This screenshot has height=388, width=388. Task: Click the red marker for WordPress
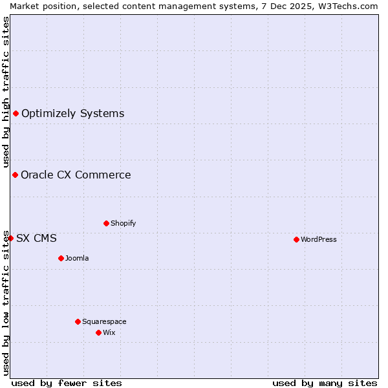296,239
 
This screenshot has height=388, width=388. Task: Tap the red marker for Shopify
106,223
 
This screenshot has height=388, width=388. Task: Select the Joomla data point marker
61,258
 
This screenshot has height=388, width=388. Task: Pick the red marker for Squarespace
78,321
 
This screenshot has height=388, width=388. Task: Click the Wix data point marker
98,332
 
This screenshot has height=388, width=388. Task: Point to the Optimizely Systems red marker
16,114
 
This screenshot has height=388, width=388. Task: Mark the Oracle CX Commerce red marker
15,175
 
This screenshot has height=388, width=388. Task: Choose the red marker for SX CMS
10,238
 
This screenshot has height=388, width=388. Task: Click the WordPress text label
319,239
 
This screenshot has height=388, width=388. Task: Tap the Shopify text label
124,223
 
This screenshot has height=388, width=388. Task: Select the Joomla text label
77,258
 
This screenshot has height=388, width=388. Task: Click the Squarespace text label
104,321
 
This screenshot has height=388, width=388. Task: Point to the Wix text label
109,332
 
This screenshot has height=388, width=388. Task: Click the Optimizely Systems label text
72,114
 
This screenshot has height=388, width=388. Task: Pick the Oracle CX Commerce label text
76,175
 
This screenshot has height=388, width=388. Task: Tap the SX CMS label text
36,238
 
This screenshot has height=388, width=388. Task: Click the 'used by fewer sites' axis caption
67,383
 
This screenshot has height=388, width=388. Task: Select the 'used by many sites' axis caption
325,383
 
